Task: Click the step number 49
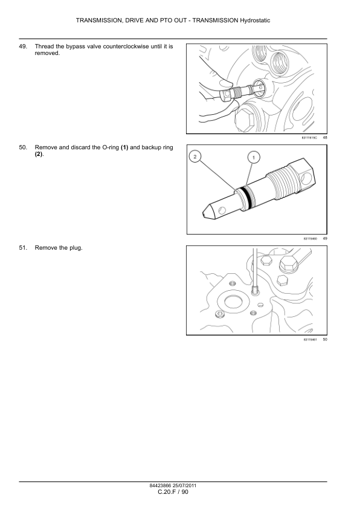pyautogui.click(x=23, y=47)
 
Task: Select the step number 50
pyautogui.click(x=23, y=148)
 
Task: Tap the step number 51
pyautogui.click(x=23, y=248)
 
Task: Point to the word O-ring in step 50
pyautogui.click(x=111, y=148)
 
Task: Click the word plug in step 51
pyautogui.click(x=76, y=248)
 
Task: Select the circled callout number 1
pyautogui.click(x=254, y=158)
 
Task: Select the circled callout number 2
pyautogui.click(x=195, y=157)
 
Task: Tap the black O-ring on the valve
pyautogui.click(x=249, y=198)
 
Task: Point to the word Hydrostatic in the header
pyautogui.click(x=255, y=21)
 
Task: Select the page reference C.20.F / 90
pyautogui.click(x=173, y=492)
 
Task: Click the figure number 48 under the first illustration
pyautogui.click(x=325, y=138)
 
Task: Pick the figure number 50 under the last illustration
pyautogui.click(x=325, y=340)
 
